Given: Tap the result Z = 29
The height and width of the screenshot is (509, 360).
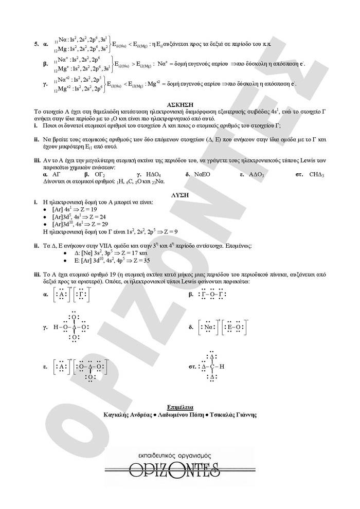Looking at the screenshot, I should (101, 224).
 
